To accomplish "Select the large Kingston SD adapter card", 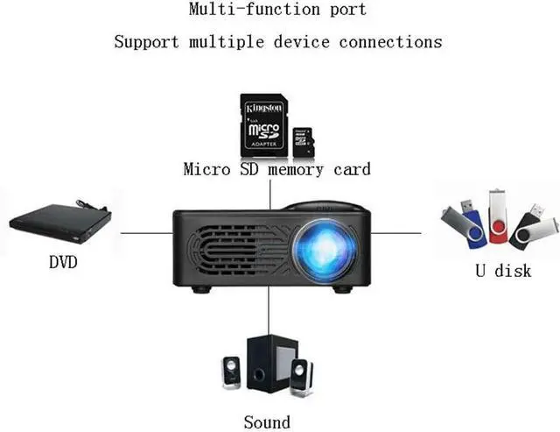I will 265,124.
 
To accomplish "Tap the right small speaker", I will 300,376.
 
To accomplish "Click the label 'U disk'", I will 502,271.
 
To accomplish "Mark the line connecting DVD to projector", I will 145,232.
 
